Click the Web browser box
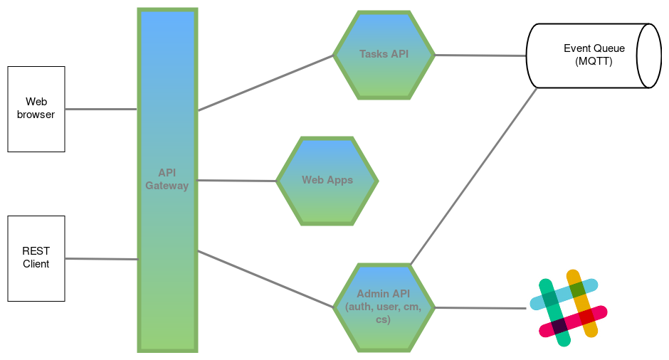tap(36, 109)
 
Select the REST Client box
tap(36, 258)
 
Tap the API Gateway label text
tap(167, 179)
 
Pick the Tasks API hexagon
tap(384, 55)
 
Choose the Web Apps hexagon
tap(327, 180)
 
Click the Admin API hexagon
tap(383, 307)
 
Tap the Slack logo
tap(569, 307)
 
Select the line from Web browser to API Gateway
tap(100, 109)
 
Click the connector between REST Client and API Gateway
tap(100, 259)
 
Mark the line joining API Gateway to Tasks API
tap(265, 83)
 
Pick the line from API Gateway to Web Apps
tap(236, 181)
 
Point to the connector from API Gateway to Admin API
tap(265, 279)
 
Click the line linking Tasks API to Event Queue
tap(480, 55)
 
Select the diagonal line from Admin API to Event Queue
tap(474, 175)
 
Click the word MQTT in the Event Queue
tap(594, 62)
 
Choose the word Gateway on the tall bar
tap(167, 186)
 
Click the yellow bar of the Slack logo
tap(582, 304)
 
